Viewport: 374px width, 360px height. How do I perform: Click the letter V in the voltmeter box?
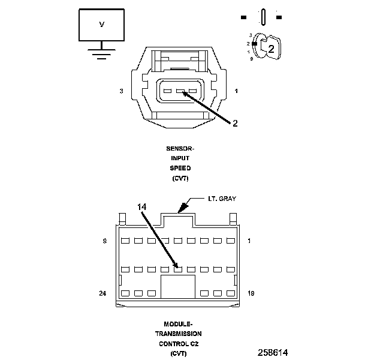[101, 25]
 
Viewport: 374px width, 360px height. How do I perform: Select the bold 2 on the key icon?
[271, 49]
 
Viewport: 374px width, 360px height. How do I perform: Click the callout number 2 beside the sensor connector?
[235, 123]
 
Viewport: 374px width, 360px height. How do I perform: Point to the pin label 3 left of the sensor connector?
[121, 91]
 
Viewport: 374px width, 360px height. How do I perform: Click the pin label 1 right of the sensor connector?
[236, 91]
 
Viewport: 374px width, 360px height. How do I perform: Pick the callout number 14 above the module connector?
[141, 207]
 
